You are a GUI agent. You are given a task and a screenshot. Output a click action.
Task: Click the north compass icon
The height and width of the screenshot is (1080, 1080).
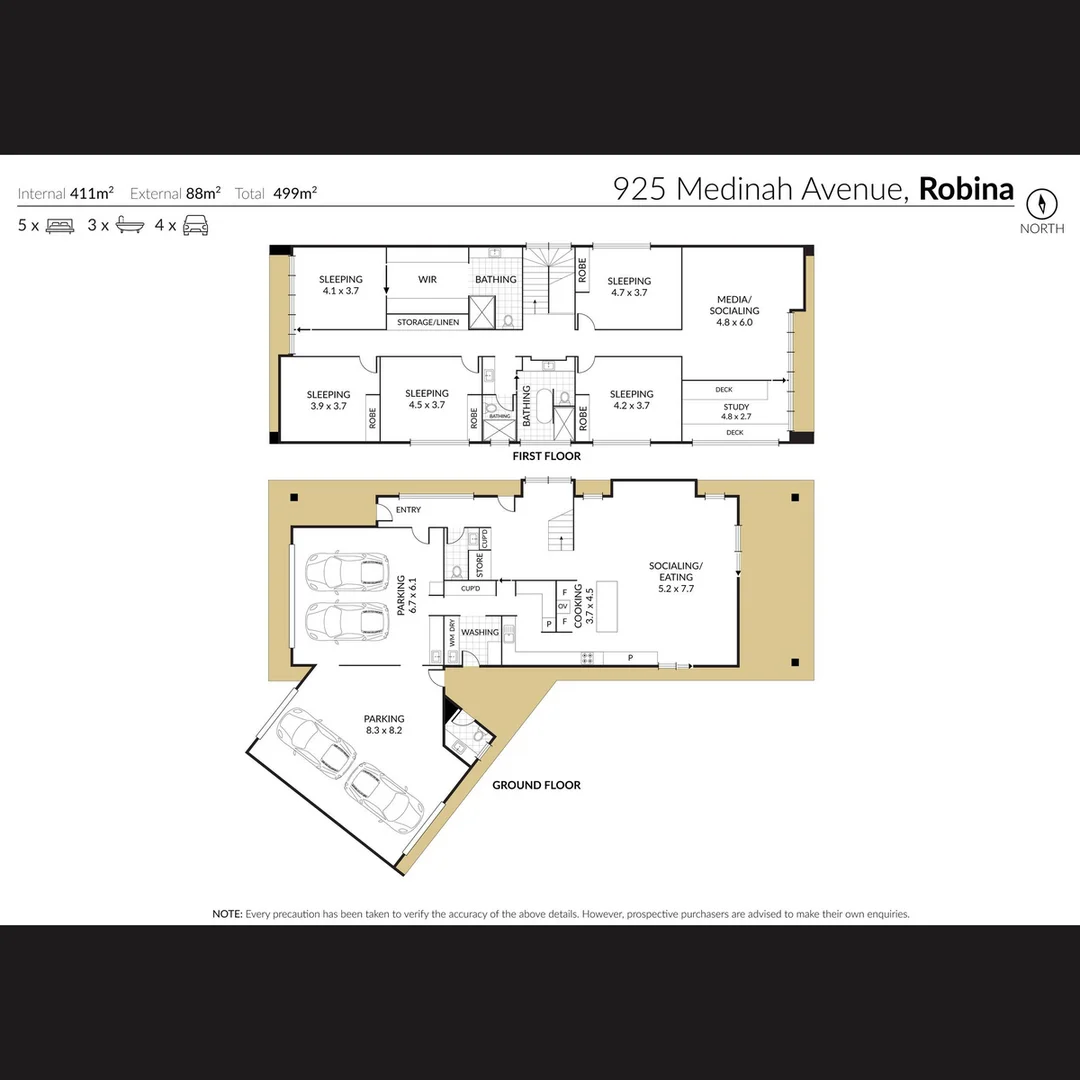click(x=1042, y=204)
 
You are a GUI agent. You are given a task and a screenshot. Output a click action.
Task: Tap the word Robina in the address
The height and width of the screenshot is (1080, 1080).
click(x=966, y=189)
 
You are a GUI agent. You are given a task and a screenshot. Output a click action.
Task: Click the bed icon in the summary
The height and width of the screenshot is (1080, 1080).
click(x=61, y=226)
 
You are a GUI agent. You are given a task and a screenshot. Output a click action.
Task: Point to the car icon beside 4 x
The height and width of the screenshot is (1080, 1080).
click(x=195, y=226)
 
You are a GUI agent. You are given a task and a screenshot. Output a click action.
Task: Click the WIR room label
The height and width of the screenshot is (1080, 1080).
click(x=427, y=280)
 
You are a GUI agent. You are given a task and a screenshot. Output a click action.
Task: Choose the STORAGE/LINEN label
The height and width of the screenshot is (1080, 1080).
click(x=428, y=322)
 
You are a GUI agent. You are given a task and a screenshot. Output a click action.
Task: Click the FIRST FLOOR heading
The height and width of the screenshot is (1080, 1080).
click(x=546, y=456)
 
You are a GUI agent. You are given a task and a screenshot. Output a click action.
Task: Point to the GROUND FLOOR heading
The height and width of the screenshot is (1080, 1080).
click(x=536, y=785)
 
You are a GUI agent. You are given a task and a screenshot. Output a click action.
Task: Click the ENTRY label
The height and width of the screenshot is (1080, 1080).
click(x=408, y=510)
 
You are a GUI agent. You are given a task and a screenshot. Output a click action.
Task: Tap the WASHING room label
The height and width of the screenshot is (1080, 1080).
click(x=480, y=632)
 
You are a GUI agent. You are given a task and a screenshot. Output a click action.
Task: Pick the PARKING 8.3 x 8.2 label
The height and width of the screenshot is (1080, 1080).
click(x=384, y=724)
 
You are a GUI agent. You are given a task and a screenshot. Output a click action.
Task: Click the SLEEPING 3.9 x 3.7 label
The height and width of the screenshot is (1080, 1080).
click(x=328, y=400)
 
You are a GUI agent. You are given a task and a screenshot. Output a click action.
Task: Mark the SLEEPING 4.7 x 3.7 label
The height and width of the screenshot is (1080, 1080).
click(x=629, y=287)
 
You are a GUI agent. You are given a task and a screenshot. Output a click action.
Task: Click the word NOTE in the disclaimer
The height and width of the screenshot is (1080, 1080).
click(x=227, y=914)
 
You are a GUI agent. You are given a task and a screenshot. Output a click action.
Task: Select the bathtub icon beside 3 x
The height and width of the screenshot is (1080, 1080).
click(x=130, y=226)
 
